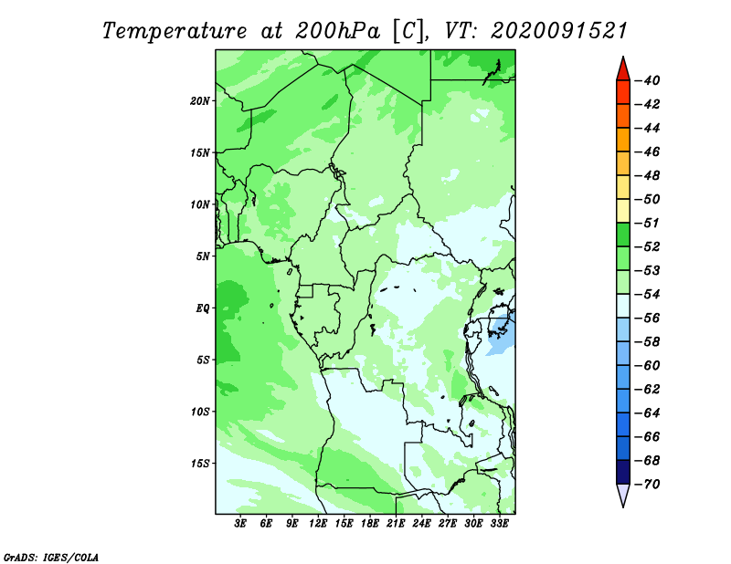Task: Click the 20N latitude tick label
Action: point(200,100)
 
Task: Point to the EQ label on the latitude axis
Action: point(202,308)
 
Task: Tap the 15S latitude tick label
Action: point(200,464)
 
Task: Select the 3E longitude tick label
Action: point(240,523)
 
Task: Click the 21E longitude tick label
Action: point(396,523)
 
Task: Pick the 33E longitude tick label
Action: point(499,523)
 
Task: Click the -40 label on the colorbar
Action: point(647,80)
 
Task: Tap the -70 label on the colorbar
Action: point(647,485)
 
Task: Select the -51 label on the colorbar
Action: point(647,223)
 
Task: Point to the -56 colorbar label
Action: point(647,319)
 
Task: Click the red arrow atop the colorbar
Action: point(623,69)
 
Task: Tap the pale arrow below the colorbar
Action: point(623,496)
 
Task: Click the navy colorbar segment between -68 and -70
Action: point(623,472)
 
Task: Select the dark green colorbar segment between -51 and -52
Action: point(623,235)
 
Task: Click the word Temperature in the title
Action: point(175,31)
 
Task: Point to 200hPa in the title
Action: point(337,31)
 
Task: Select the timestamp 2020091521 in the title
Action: point(559,31)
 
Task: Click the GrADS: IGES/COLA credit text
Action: point(51,557)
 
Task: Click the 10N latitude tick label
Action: point(200,204)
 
